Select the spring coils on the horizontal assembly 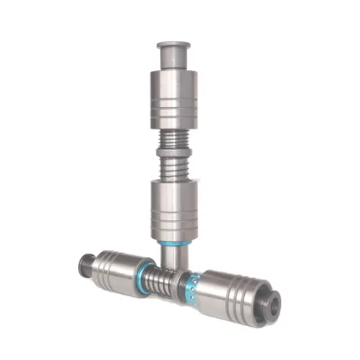pos(163,278)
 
